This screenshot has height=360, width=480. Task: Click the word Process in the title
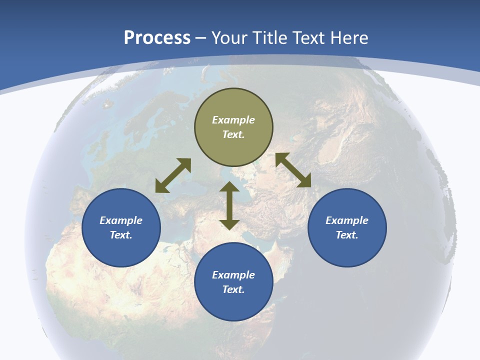coord(157,38)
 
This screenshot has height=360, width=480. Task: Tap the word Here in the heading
coord(349,38)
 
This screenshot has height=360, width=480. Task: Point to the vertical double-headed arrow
coord(229,206)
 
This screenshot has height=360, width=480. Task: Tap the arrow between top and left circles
coord(173,175)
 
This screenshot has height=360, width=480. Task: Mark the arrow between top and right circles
coord(293,170)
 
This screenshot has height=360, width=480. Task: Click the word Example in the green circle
coord(233,120)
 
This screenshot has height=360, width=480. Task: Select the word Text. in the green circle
coord(233,134)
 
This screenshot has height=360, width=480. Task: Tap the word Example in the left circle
coord(121,220)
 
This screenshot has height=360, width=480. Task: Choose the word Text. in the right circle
coord(347,235)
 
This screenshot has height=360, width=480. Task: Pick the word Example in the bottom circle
coord(233,275)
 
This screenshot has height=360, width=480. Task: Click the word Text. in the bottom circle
coord(233,289)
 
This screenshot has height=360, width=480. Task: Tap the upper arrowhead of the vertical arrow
coord(229,187)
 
